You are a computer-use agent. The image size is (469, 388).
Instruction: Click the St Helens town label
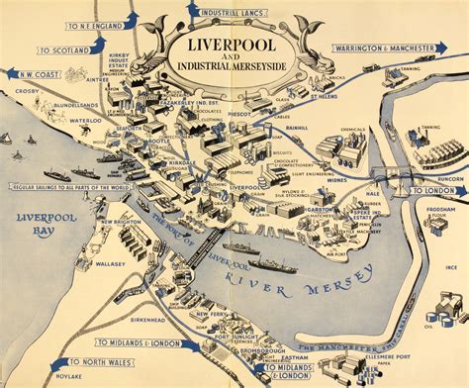coord(328,98)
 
